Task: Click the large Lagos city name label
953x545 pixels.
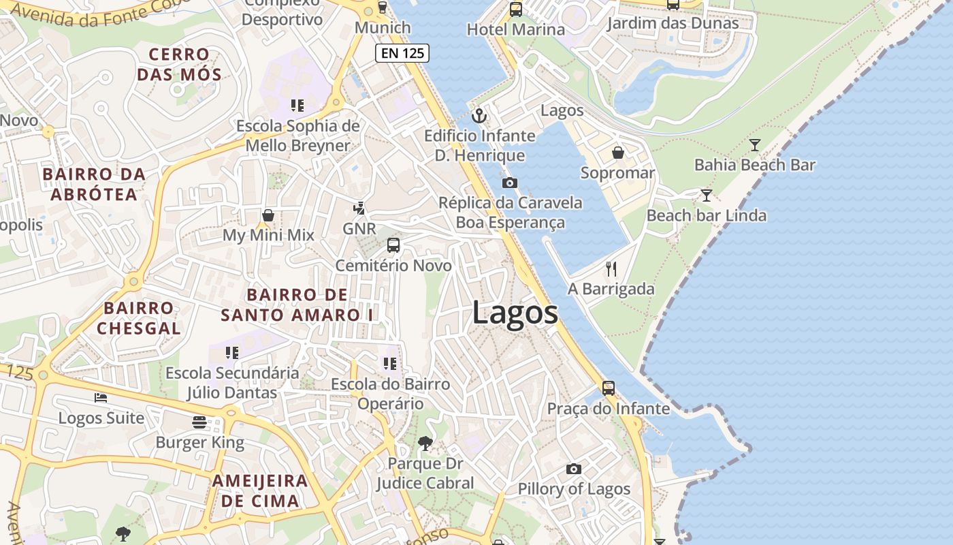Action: (515, 313)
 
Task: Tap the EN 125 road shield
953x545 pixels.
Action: (402, 53)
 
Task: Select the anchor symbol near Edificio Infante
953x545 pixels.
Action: (479, 115)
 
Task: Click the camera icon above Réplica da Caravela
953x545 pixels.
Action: (509, 183)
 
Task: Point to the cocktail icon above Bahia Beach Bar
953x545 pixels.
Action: (754, 144)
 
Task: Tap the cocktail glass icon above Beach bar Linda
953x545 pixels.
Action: (707, 196)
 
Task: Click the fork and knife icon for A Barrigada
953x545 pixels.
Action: (611, 269)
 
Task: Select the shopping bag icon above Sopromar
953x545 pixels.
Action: (617, 153)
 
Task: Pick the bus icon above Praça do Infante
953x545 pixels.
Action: (609, 388)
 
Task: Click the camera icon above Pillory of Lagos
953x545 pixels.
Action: (574, 469)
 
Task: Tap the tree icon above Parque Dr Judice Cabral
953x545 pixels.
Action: (425, 443)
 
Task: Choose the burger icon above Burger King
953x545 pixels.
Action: (199, 422)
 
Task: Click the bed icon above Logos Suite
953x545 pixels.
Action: (101, 398)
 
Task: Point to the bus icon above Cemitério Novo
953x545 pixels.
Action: (393, 245)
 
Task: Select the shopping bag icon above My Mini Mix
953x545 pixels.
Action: (268, 215)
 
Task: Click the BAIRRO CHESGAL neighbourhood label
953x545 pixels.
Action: (139, 318)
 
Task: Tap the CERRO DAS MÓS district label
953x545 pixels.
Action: (180, 64)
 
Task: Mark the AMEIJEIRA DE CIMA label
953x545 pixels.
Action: (259, 490)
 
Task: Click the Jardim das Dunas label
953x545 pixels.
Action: (673, 23)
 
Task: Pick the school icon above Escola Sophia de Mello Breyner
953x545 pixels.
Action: (297, 106)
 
